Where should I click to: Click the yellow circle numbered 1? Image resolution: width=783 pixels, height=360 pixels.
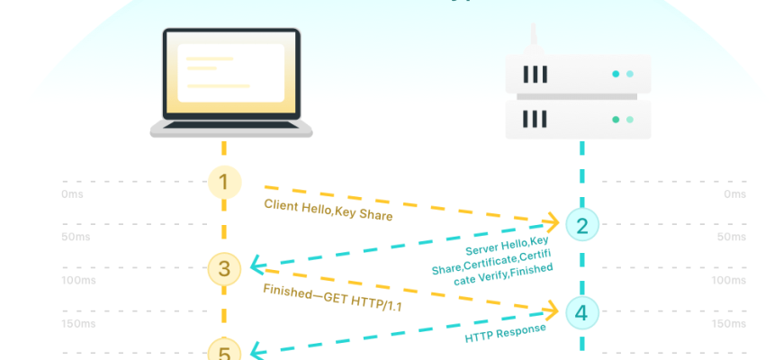tap(224, 184)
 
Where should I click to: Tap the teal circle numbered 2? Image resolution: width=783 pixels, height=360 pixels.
tap(581, 225)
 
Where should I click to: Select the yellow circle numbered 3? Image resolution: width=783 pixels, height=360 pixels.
tap(224, 267)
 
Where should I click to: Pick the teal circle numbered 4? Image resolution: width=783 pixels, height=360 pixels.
tap(581, 312)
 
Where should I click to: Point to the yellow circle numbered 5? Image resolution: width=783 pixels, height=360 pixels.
tap(224, 352)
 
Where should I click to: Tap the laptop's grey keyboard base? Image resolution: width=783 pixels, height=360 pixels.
tap(231, 130)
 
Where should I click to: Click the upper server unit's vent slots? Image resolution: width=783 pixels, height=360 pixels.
tap(535, 74)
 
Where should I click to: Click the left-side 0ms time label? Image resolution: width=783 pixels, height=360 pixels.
tap(72, 194)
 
